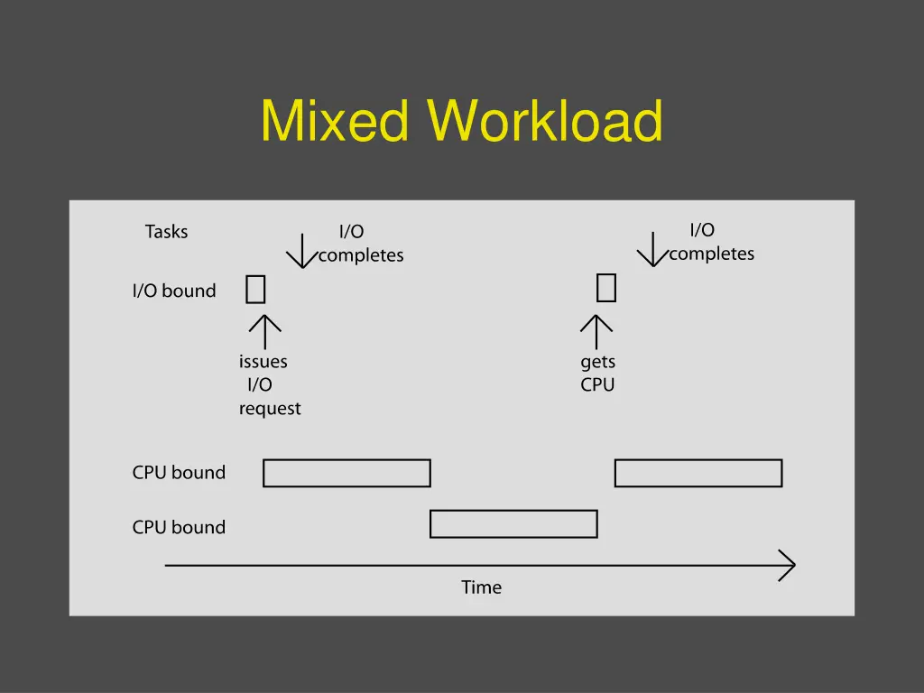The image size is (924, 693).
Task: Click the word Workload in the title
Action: tap(546, 121)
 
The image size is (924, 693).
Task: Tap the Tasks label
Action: tap(166, 232)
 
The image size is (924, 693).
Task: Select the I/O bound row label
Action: tap(174, 291)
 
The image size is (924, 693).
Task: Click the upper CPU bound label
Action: tap(179, 472)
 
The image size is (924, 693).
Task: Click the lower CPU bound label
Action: tap(179, 527)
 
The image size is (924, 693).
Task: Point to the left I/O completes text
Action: tap(360, 244)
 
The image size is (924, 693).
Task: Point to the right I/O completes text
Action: tap(711, 242)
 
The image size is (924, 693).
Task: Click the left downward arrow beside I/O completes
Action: tap(301, 251)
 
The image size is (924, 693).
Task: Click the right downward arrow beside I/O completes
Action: tap(652, 249)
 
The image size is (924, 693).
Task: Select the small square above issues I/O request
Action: tap(255, 290)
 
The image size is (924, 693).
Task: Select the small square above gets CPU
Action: tap(606, 288)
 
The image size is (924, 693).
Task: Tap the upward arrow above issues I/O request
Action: tap(264, 331)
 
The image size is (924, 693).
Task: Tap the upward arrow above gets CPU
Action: tap(596, 331)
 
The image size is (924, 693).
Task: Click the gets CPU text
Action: tap(597, 373)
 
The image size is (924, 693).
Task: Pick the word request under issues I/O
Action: tap(270, 409)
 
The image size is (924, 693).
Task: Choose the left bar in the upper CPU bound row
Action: tap(346, 473)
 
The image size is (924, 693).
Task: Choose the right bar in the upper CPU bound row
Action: tap(698, 473)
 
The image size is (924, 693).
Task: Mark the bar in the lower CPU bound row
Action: tap(513, 523)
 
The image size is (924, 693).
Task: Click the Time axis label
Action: tap(481, 587)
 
